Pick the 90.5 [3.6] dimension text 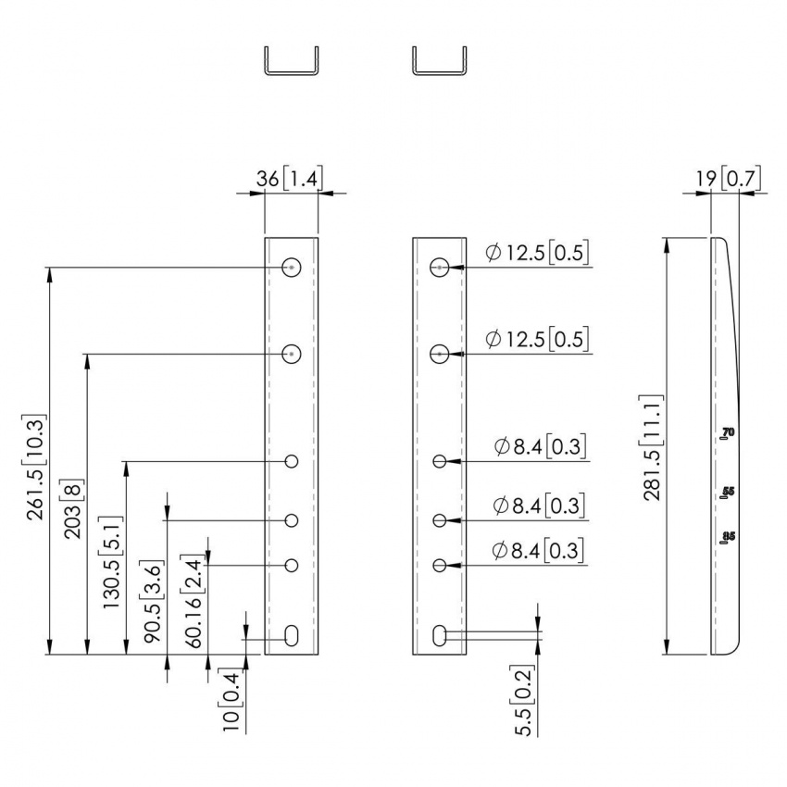152,599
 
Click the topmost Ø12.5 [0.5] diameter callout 537,253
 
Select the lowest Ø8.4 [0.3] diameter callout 539,551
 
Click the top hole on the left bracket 292,268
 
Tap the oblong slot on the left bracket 292,635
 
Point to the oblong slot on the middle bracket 440,635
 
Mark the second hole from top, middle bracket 440,354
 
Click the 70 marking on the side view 728,432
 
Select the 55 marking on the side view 728,492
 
